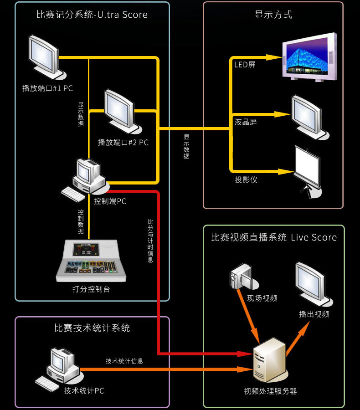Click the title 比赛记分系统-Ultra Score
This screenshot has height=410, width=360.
(92, 15)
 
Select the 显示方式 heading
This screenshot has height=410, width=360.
(273, 15)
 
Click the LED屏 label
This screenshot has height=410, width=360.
(245, 65)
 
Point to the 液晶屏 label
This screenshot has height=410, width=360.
(246, 122)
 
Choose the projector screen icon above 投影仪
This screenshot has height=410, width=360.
(308, 169)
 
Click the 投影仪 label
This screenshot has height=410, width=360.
(246, 179)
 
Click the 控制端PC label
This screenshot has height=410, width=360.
(110, 201)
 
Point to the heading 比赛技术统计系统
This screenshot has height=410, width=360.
(92, 328)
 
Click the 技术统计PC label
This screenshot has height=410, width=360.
(84, 391)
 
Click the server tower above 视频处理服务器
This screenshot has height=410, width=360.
(268, 360)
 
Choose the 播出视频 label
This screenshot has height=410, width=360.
(314, 314)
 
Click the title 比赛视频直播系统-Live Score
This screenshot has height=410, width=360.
(274, 237)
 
